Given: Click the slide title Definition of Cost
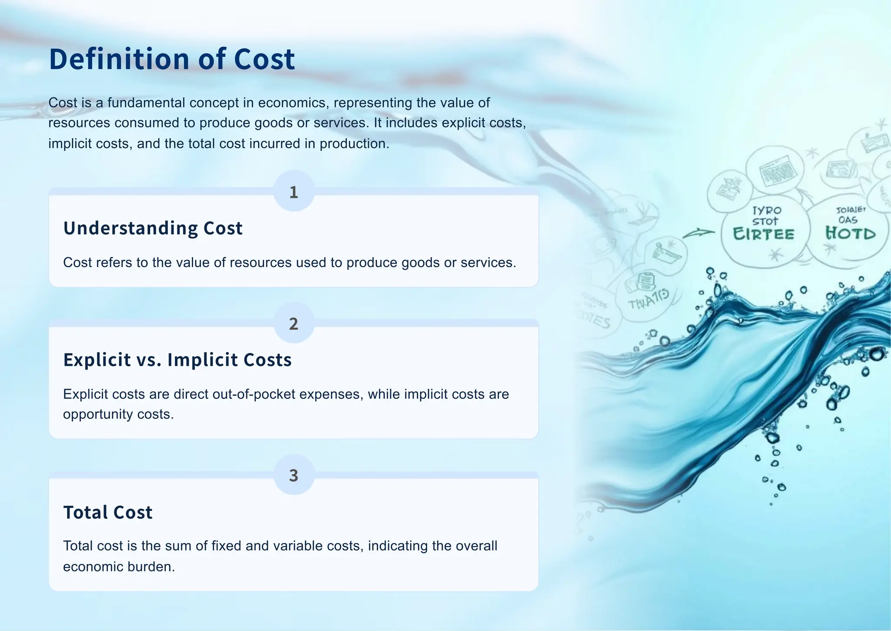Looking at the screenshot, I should pyautogui.click(x=172, y=59).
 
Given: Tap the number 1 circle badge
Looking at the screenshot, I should pyautogui.click(x=294, y=191).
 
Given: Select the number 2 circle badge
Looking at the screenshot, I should pyautogui.click(x=294, y=323).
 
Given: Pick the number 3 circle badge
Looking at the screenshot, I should pyautogui.click(x=294, y=475).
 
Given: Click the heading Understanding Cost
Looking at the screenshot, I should pyautogui.click(x=153, y=228).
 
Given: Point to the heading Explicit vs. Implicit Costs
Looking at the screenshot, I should pyautogui.click(x=177, y=360).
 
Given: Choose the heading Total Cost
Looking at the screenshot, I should pyautogui.click(x=108, y=512).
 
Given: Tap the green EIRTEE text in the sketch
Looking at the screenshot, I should pyautogui.click(x=764, y=234).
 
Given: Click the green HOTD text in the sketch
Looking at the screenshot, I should pyautogui.click(x=851, y=233).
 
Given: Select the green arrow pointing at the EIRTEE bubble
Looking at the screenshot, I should pyautogui.click(x=698, y=233).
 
